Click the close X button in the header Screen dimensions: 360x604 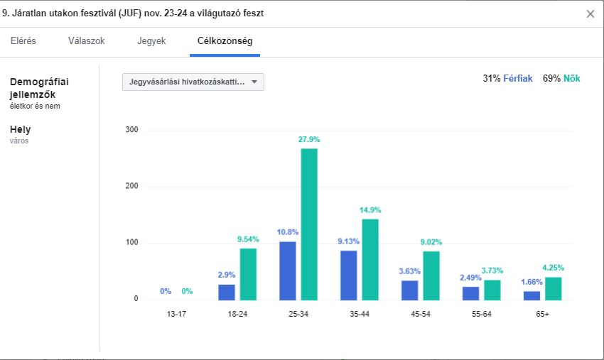[590, 13]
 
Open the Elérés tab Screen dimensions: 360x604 [23, 41]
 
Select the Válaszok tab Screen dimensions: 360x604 [87, 41]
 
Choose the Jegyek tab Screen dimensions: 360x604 [151, 41]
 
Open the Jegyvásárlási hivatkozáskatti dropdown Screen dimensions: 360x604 [193, 82]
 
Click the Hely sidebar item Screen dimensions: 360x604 [21, 130]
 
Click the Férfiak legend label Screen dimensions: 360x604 [518, 79]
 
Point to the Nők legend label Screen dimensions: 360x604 [572, 79]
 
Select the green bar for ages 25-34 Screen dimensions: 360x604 [309, 224]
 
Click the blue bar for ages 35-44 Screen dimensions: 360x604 [349, 275]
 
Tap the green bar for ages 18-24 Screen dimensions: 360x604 [248, 273]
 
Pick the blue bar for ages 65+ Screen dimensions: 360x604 [532, 295]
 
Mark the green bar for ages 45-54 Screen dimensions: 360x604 [431, 275]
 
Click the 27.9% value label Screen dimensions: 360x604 [309, 140]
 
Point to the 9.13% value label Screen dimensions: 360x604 [348, 241]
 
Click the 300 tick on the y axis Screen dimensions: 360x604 [131, 131]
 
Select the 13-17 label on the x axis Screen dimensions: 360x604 [176, 314]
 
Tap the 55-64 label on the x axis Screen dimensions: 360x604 [481, 314]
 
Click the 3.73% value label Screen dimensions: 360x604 [492, 271]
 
